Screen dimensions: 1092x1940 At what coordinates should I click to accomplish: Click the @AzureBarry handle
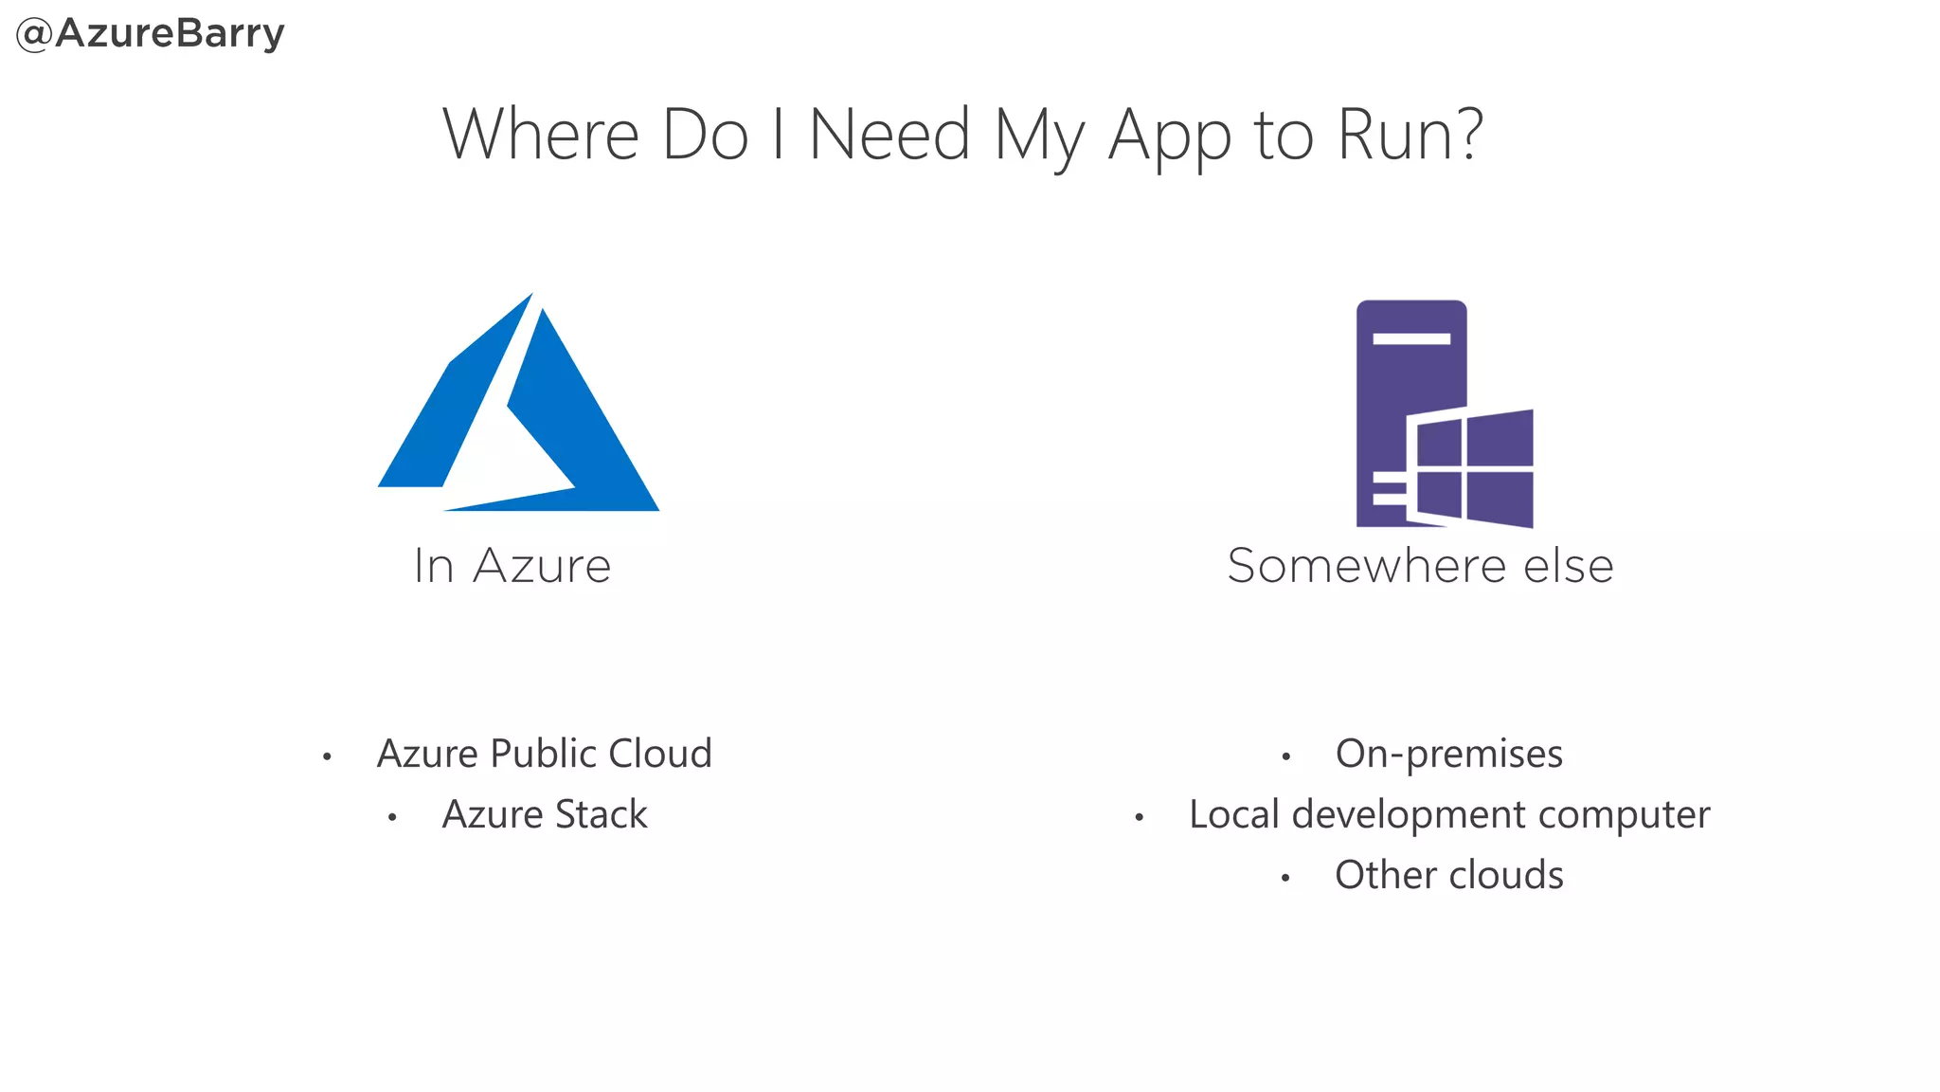pos(151,34)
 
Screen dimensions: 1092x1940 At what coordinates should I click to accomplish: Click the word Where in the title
pos(541,135)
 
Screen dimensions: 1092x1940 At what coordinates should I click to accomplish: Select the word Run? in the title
pos(1410,135)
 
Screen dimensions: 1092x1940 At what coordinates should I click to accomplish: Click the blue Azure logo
pos(518,408)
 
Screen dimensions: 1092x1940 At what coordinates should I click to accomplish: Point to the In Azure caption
pos(512,566)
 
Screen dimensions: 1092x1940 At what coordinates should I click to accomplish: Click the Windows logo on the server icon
pos(1471,467)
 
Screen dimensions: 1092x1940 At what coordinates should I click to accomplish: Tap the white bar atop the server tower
pos(1411,338)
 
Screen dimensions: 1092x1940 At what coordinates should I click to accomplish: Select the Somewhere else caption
pos(1420,566)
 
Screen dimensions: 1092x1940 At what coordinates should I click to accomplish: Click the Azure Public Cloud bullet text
pos(544,754)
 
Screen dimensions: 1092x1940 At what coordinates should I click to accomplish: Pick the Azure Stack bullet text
pos(545,814)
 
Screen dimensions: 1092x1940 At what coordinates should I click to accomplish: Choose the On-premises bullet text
pos(1448,754)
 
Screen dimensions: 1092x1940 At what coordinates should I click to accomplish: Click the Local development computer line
pos(1449,814)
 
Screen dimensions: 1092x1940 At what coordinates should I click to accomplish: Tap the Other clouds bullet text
pos(1449,875)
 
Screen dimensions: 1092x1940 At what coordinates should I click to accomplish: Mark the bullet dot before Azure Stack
pos(392,817)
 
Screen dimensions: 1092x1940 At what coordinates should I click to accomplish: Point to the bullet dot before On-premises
pos(1285,756)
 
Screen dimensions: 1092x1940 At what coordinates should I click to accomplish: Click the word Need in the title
pos(889,135)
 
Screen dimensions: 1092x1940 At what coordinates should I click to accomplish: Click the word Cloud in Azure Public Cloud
pos(659,754)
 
